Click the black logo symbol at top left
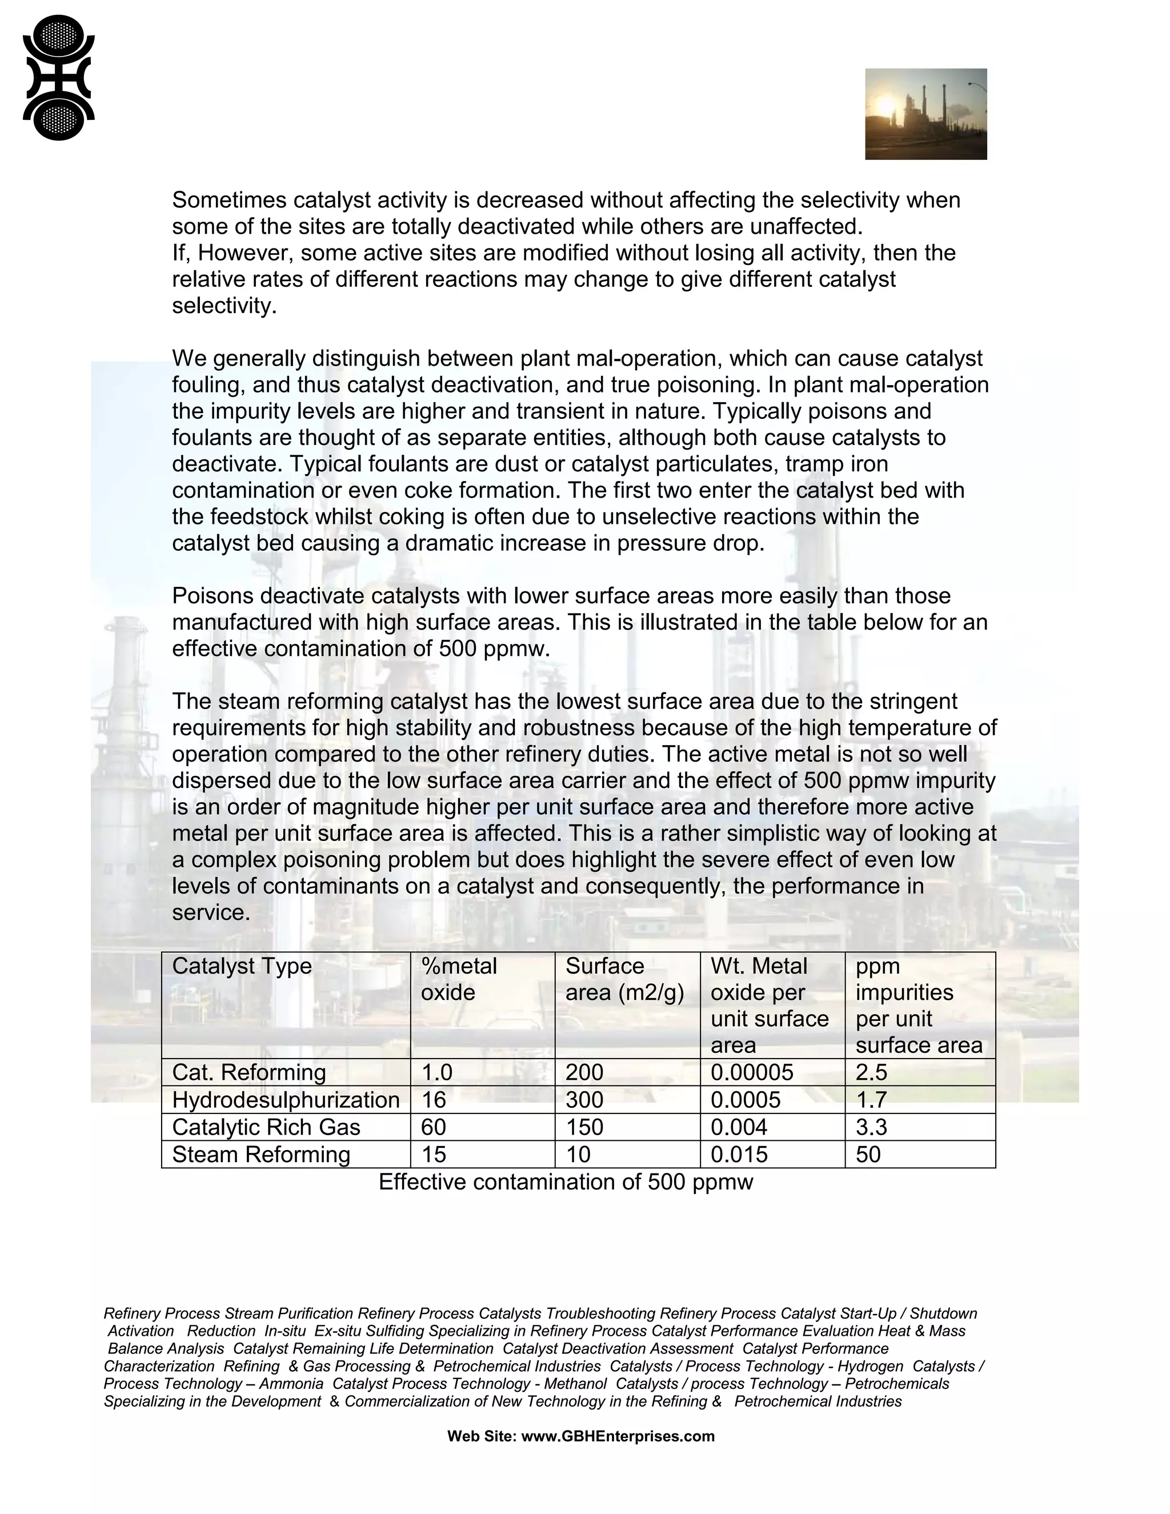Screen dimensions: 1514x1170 pyautogui.click(x=58, y=78)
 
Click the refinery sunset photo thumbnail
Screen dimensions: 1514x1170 pyautogui.click(x=925, y=114)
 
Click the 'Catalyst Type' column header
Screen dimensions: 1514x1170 pyautogui.click(x=242, y=966)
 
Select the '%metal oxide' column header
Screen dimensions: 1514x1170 pyautogui.click(x=458, y=979)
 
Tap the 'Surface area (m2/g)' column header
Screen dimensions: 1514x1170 pyautogui.click(x=624, y=979)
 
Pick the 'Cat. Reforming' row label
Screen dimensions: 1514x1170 pyautogui.click(x=249, y=1072)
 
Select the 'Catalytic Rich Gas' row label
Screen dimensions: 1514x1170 pyautogui.click(x=266, y=1127)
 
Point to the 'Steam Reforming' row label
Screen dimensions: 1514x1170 pyautogui.click(x=261, y=1154)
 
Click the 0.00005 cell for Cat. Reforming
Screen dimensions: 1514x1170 pyautogui.click(x=751, y=1072)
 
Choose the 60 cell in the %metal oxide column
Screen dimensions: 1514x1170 pyautogui.click(x=433, y=1127)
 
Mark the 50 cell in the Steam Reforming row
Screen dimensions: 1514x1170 pyautogui.click(x=868, y=1154)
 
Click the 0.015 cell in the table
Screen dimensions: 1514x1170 pyautogui.click(x=739, y=1154)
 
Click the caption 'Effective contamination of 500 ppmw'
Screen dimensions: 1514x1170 pyautogui.click(x=565, y=1182)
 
